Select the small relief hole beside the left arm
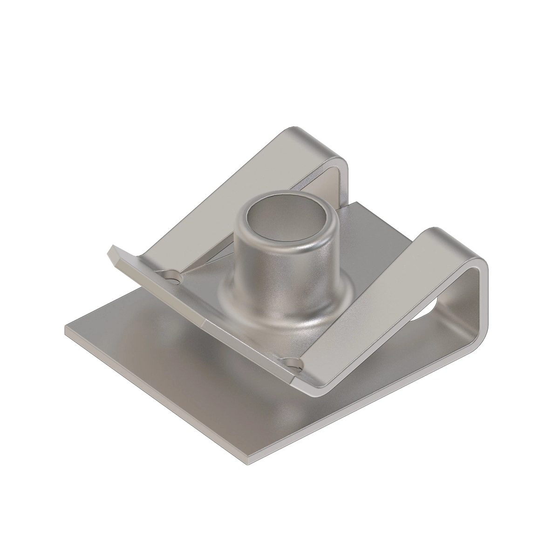175,278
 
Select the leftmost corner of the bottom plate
67,328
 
